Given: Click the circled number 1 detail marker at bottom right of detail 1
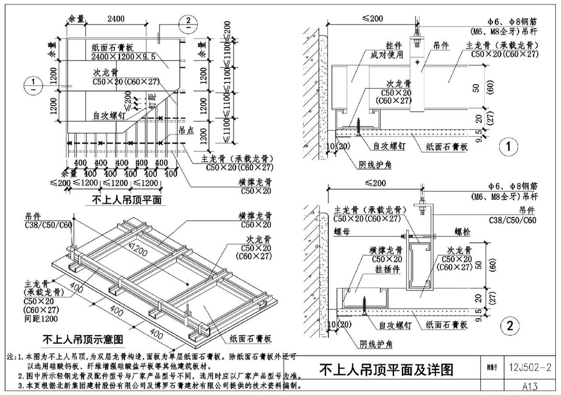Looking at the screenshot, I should (x=508, y=146).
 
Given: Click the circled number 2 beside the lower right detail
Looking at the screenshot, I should (x=510, y=326).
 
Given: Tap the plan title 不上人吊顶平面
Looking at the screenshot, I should (x=127, y=200).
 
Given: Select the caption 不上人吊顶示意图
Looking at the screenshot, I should (x=83, y=339).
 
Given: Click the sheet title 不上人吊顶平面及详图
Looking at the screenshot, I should (x=386, y=370).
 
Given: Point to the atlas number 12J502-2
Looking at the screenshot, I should (x=530, y=367).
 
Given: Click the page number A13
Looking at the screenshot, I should (x=530, y=386).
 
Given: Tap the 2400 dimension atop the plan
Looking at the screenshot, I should (x=116, y=19).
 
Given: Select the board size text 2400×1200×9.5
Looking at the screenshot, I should (x=123, y=57).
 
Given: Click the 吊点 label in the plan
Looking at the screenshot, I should (x=186, y=131).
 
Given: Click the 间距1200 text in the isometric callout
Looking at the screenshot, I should (x=41, y=318).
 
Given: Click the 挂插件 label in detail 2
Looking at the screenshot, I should (x=387, y=269).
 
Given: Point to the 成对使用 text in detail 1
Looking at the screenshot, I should (x=387, y=55).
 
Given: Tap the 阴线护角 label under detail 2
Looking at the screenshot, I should (x=376, y=344).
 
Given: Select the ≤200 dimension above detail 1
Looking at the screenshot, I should (x=372, y=19).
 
